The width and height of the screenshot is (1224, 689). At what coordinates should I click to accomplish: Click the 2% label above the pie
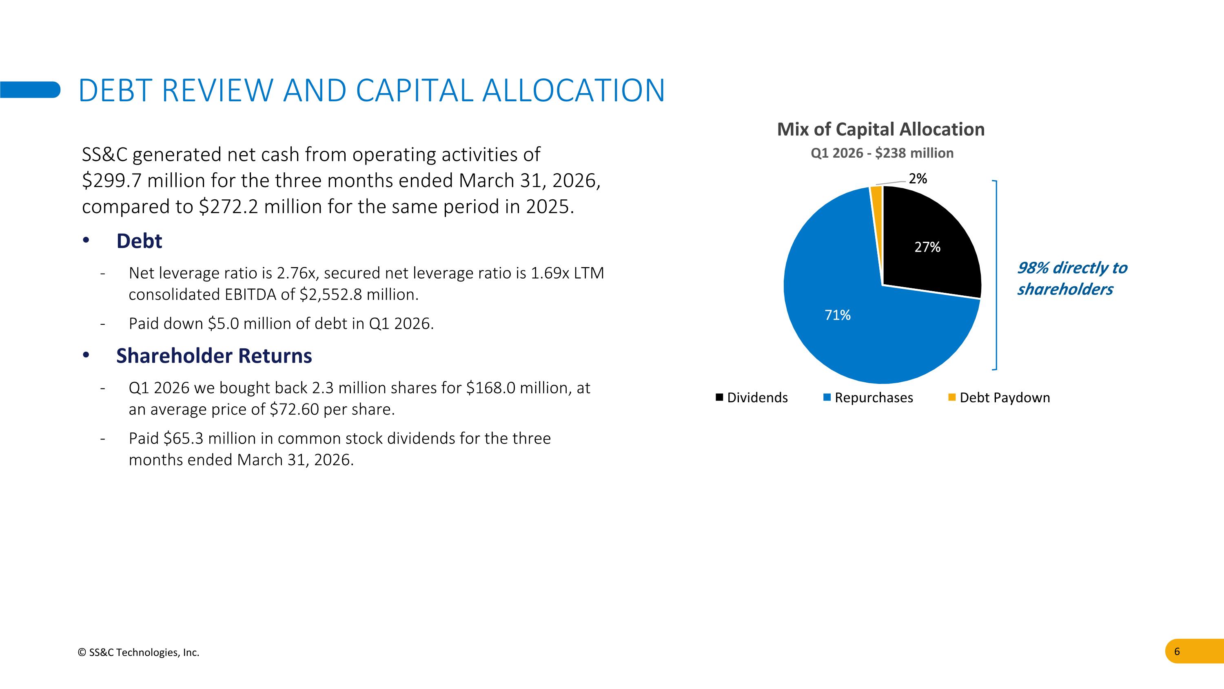(x=918, y=179)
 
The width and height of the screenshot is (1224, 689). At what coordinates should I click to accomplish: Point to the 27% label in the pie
(x=927, y=247)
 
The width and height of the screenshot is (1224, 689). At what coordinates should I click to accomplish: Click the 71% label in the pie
(x=837, y=315)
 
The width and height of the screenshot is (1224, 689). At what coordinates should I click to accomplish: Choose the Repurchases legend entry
(x=868, y=397)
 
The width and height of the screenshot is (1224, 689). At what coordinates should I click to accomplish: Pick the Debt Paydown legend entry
(x=999, y=397)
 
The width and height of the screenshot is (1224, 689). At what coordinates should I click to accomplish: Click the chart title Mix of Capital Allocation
(x=880, y=129)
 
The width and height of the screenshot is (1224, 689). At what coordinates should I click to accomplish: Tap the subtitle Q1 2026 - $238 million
(x=882, y=153)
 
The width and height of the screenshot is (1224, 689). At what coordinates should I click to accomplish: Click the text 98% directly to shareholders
(x=1071, y=278)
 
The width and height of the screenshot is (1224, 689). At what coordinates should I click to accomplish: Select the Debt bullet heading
(x=139, y=241)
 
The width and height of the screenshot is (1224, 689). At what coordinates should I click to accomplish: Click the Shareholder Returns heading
(x=214, y=356)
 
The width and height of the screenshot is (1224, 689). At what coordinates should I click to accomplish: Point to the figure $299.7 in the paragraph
(x=112, y=181)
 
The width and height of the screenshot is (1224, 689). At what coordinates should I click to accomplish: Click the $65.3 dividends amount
(x=183, y=438)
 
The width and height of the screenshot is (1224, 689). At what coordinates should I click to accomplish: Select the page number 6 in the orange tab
(x=1177, y=651)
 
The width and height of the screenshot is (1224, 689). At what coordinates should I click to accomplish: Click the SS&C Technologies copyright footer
(x=138, y=652)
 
